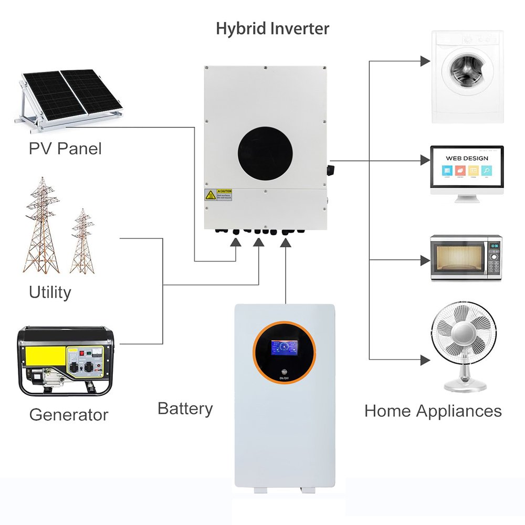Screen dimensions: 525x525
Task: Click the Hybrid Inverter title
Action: [x=272, y=28]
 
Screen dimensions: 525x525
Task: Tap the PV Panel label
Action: [x=65, y=148]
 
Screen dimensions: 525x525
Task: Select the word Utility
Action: [x=50, y=292]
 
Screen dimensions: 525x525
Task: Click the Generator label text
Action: [x=68, y=415]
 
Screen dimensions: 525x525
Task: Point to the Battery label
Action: [x=185, y=408]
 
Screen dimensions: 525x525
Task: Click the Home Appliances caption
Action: [x=433, y=411]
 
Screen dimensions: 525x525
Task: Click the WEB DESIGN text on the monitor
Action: [x=467, y=158]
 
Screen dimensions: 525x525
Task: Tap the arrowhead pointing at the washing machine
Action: [x=425, y=61]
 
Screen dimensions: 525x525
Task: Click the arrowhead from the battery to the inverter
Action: [x=286, y=242]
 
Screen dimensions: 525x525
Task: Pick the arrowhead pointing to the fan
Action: [x=425, y=359]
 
